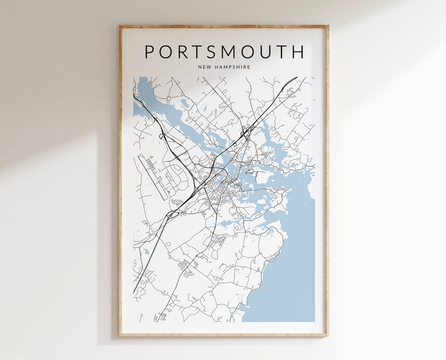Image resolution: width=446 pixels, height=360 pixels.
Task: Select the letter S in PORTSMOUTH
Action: click(219, 52)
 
